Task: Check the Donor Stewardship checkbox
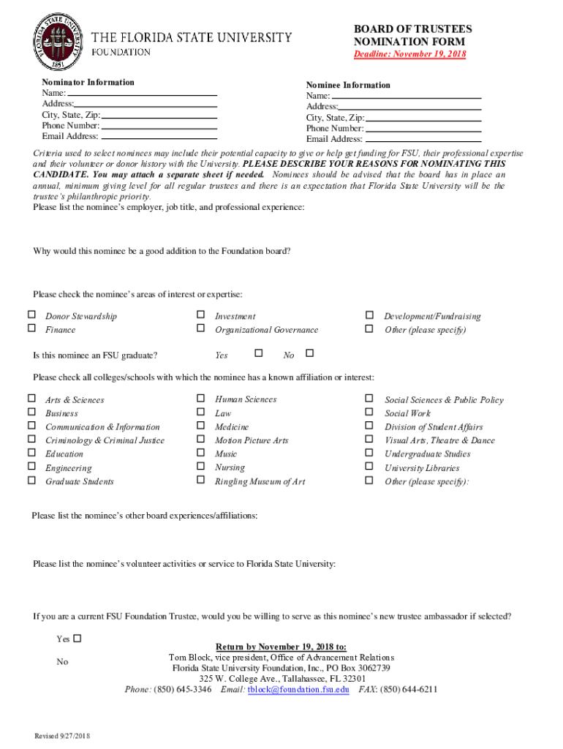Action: (31, 315)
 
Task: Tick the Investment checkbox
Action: (200, 315)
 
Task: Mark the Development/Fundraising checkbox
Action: (369, 315)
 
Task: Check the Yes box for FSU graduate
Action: (258, 354)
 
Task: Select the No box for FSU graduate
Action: (309, 354)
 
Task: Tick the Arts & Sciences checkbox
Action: (31, 399)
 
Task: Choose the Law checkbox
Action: (200, 413)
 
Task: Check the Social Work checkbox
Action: (369, 413)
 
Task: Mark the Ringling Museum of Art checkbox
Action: (200, 481)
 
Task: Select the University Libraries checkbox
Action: (369, 467)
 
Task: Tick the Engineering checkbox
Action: (31, 467)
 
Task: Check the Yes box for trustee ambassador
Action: (78, 638)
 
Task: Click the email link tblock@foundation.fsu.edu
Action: (298, 689)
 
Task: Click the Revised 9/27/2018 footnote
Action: (62, 735)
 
